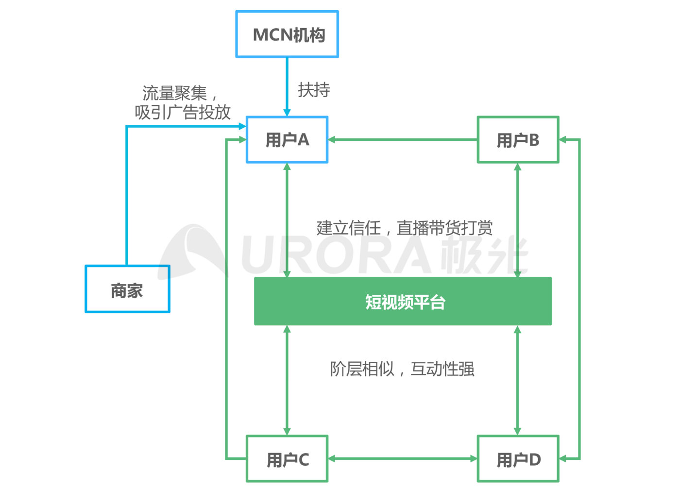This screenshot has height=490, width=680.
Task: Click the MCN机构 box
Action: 287,34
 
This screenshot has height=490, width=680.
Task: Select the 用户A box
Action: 287,140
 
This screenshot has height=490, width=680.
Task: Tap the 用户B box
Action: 518,140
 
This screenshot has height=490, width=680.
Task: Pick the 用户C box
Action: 287,459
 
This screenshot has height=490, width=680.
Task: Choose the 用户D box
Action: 518,459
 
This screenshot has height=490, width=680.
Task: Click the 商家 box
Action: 127,290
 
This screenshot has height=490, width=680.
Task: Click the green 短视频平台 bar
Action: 403,302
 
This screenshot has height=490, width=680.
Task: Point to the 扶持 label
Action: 314,90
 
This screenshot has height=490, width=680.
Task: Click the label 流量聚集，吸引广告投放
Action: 182,102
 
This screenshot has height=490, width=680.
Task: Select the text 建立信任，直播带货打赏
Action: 405,227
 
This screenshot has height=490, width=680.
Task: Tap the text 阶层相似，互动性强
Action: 402,369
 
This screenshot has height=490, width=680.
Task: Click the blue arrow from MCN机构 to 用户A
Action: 287,85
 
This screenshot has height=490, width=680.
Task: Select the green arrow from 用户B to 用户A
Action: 403,140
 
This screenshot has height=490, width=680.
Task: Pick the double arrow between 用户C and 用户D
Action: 403,458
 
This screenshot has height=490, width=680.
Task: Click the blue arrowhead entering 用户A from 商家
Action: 242,126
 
